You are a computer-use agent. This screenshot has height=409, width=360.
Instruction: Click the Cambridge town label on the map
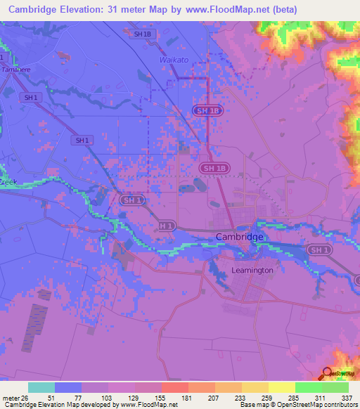[240, 237]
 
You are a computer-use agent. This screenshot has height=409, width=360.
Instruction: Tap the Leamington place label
[252, 270]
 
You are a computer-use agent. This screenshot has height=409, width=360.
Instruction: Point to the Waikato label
[174, 60]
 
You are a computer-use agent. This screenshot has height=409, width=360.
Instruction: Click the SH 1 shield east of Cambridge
[319, 250]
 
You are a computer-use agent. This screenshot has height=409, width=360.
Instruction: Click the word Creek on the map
[7, 182]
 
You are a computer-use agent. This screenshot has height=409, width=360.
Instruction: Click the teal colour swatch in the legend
[41, 387]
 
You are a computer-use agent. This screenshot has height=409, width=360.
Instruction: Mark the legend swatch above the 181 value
[174, 387]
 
